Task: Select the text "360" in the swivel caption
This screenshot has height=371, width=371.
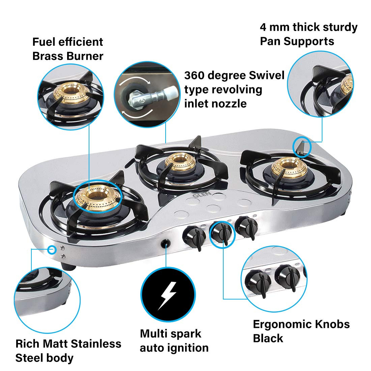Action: click(195, 75)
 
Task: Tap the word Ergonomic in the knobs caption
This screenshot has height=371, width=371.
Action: click(282, 324)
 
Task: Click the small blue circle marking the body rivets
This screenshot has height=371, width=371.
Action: click(52, 249)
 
